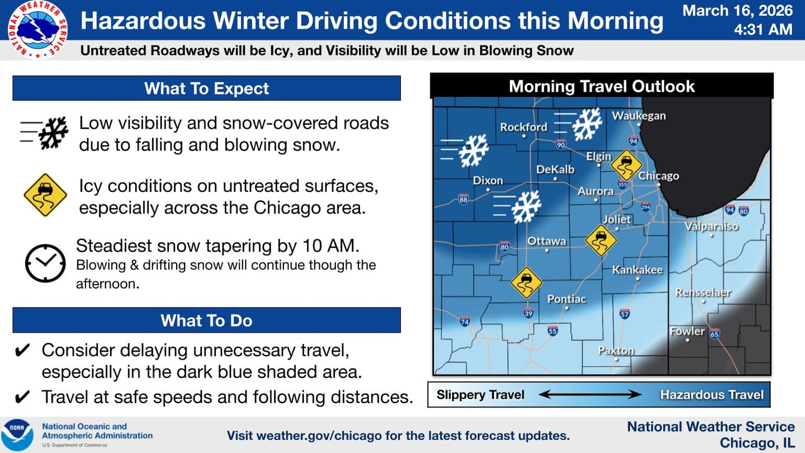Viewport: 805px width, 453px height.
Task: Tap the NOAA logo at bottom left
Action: pos(17,435)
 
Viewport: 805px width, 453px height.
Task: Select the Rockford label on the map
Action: pos(523,127)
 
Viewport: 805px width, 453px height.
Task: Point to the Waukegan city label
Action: pos(639,116)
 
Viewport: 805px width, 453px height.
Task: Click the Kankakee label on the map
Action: pos(637,270)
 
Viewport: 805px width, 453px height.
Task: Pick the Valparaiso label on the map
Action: pos(712,226)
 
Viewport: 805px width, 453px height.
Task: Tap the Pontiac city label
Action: pos(566,299)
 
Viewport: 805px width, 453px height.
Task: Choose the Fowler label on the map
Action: pos(687,331)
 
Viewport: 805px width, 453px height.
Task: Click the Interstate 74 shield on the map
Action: pos(464,321)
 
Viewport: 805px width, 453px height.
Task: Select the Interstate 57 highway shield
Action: pos(624,314)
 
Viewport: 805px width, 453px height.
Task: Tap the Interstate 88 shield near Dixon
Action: pos(463,199)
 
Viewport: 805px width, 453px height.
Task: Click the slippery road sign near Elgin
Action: pos(626,165)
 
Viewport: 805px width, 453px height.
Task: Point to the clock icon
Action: pos(45,263)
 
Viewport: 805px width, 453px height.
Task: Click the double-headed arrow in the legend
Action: pos(590,395)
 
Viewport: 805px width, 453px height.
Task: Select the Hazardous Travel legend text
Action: pos(711,395)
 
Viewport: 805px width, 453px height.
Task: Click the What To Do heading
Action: pos(206,320)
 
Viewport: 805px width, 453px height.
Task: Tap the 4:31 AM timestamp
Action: pos(763,29)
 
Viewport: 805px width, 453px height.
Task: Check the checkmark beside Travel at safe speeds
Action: pos(21,397)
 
